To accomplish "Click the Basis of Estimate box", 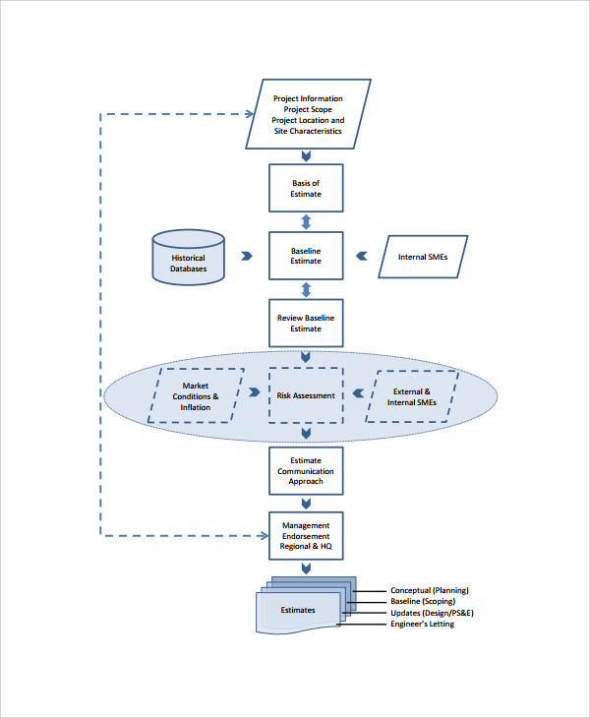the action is click(x=306, y=188).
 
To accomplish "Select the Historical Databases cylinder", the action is click(x=188, y=258).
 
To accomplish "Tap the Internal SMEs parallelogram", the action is click(x=423, y=257).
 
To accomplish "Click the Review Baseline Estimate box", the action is click(x=306, y=324).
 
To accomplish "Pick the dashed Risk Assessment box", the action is click(x=306, y=395).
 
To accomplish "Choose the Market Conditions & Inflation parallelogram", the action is click(x=196, y=396).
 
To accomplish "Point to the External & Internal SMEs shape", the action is click(x=412, y=396).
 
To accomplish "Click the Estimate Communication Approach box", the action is click(x=306, y=471).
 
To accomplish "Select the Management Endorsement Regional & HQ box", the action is click(x=306, y=536).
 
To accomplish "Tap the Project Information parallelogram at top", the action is click(x=308, y=114).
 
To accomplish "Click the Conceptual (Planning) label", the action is click(x=430, y=590).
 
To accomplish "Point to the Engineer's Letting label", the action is click(x=423, y=624).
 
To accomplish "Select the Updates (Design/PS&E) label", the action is click(x=432, y=613).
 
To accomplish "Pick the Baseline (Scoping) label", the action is click(x=423, y=601).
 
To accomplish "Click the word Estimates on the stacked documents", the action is click(x=298, y=610).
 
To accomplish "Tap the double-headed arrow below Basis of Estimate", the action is click(x=306, y=222).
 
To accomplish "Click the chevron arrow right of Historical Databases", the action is click(x=247, y=256).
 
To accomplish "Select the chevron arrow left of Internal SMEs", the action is click(x=362, y=256).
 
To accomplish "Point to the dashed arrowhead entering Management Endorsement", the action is click(x=264, y=535).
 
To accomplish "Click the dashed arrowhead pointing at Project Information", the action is click(x=250, y=114).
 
